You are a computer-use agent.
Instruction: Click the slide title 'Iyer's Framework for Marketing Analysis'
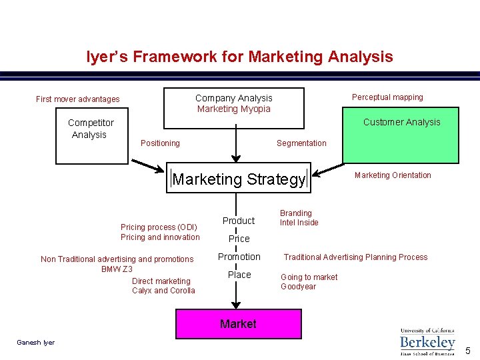(239, 57)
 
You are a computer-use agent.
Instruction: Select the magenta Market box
(238, 324)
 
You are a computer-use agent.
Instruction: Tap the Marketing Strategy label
(239, 179)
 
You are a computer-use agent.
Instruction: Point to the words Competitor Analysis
(90, 129)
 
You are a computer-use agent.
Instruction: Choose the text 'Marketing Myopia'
(233, 109)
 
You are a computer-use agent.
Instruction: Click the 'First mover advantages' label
(78, 99)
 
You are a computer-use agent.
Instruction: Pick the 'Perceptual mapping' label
(387, 97)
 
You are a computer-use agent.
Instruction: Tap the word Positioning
(160, 143)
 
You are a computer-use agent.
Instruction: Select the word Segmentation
(301, 143)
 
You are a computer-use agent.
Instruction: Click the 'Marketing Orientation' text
(393, 175)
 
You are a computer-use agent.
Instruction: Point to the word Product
(239, 221)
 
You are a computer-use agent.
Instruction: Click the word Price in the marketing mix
(239, 239)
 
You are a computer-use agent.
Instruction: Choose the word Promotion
(239, 257)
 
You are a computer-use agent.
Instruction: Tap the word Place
(239, 275)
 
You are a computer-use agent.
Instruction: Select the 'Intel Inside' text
(299, 223)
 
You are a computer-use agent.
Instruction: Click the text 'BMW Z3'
(117, 269)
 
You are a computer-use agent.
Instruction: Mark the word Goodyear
(299, 287)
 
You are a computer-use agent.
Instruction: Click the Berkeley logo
(427, 341)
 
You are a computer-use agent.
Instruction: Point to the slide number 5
(467, 351)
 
